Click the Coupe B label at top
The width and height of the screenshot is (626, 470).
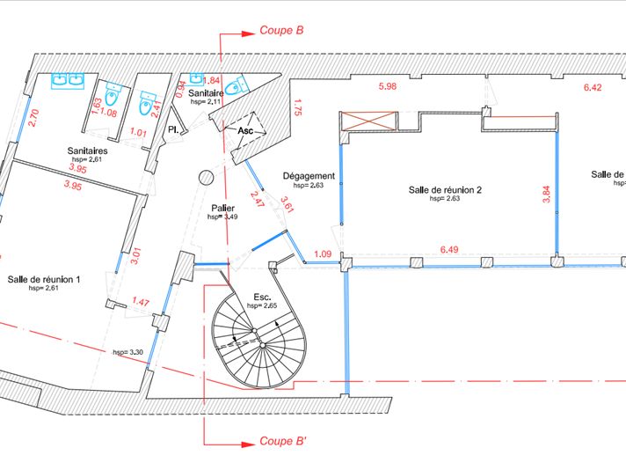pyautogui.click(x=280, y=30)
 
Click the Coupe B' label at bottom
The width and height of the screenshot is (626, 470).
pyautogui.click(x=282, y=440)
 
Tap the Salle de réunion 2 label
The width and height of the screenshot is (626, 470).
pyautogui.click(x=445, y=189)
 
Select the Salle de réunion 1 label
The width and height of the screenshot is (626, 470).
pyautogui.click(x=44, y=279)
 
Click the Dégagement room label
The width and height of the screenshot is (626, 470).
pyautogui.click(x=309, y=176)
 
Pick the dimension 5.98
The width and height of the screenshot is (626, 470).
pyautogui.click(x=388, y=86)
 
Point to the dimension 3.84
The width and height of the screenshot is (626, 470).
pyautogui.click(x=546, y=195)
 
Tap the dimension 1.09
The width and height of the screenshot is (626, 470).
pyautogui.click(x=323, y=254)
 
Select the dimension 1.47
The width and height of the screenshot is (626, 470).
pyautogui.click(x=141, y=302)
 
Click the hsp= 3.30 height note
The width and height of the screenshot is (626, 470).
pyautogui.click(x=127, y=352)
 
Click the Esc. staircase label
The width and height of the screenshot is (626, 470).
pyautogui.click(x=261, y=297)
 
